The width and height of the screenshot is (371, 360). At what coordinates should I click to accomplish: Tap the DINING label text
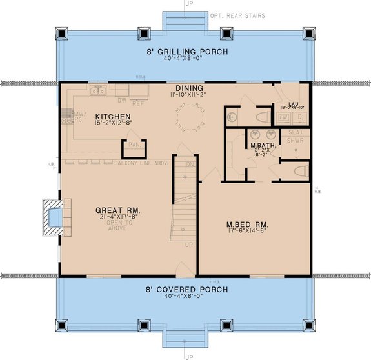tap(189, 88)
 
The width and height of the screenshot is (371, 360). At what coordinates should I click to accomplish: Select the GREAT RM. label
tap(118, 210)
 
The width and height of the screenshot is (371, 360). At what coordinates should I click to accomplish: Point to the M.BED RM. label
tap(247, 225)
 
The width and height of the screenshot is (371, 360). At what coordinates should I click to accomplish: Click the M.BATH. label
tap(263, 146)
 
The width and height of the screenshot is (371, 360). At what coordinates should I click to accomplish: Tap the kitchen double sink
tap(98, 92)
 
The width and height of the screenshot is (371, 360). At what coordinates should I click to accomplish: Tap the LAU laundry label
tap(292, 103)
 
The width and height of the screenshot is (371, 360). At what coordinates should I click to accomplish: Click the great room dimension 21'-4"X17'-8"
tap(118, 218)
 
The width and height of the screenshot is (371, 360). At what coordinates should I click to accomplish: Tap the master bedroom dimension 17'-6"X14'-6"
tap(247, 232)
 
